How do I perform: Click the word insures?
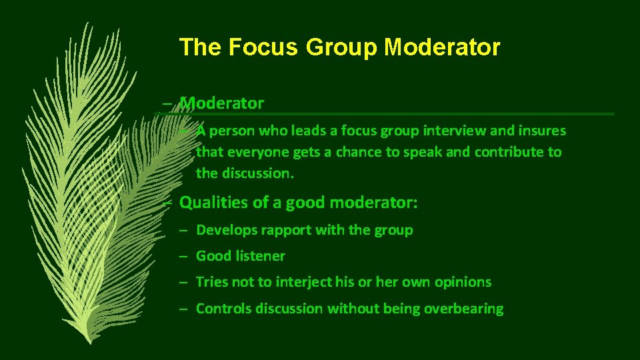(x=542, y=131)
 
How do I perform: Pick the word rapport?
(x=286, y=230)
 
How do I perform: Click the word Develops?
(x=227, y=230)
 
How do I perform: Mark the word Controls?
(x=223, y=309)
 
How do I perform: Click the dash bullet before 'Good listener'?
(x=182, y=256)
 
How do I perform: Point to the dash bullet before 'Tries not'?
(x=182, y=282)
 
